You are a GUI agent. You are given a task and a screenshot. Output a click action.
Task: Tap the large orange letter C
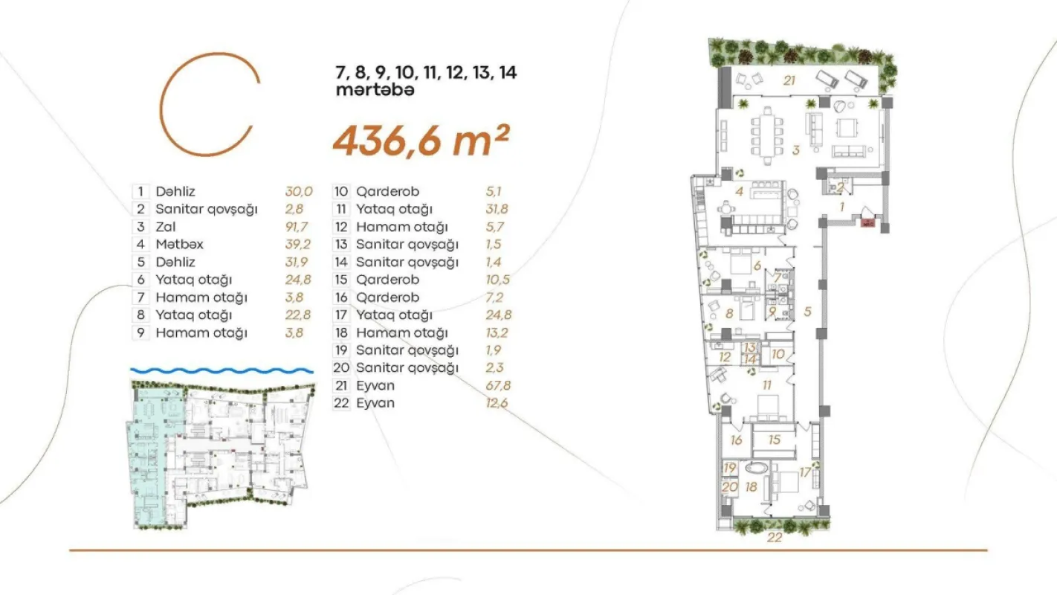[210, 104]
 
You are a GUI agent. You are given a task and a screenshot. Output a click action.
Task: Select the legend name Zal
[166, 227]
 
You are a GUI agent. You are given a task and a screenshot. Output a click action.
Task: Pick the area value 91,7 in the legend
[299, 227]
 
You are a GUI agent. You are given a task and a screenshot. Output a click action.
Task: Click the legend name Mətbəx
[179, 245]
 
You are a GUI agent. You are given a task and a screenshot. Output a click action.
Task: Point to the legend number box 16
[342, 297]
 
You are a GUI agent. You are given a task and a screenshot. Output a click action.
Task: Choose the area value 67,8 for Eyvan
[498, 386]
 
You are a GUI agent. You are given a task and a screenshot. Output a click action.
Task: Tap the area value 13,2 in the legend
[498, 332]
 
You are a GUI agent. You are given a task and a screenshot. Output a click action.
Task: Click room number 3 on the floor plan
[795, 149]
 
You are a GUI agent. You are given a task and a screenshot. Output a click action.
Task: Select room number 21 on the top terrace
[789, 80]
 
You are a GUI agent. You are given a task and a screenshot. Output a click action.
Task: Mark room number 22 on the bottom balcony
[775, 538]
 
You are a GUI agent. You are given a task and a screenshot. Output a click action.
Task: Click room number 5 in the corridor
[807, 311]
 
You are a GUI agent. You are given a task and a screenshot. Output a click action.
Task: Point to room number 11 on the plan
[766, 385]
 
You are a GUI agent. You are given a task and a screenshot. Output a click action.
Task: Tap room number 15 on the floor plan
[775, 440]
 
